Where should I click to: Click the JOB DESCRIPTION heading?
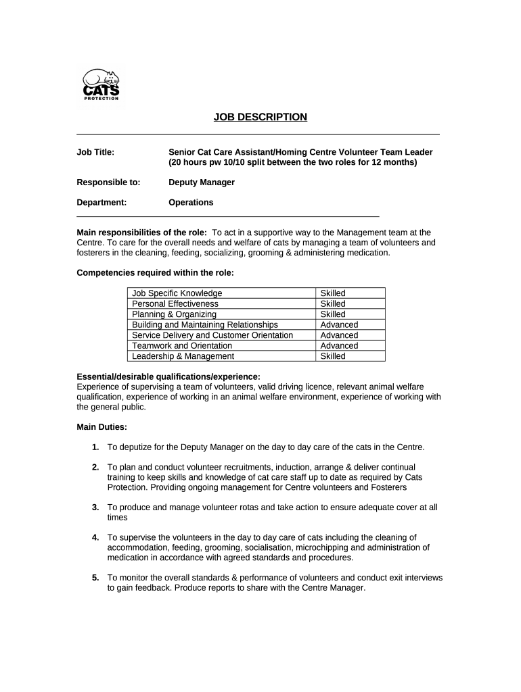pos(260,117)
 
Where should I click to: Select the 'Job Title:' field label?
pos(95,152)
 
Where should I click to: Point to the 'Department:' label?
pos(101,202)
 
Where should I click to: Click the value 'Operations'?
pos(191,202)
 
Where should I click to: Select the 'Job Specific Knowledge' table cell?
pos(177,293)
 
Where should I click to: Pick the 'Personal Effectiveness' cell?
pos(175,304)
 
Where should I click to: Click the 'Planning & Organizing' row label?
pos(174,314)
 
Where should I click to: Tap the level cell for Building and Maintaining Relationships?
pos(339,325)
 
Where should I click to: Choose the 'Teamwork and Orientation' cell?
pos(181,345)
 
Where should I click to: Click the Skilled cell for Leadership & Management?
pos(333,356)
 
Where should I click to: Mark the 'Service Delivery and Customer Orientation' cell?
pos(212,335)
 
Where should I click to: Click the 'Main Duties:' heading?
pos(101,427)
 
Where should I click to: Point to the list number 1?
pos(95,447)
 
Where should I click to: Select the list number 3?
pos(95,507)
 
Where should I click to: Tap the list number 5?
pos(95,578)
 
